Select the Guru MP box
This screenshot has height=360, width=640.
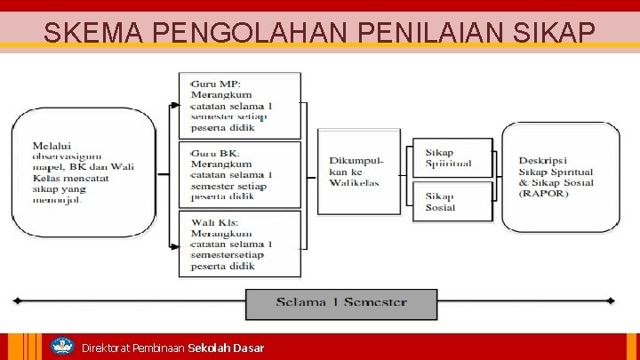(x=239, y=106)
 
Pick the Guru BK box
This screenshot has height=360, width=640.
(x=239, y=174)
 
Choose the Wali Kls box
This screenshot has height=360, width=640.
(x=239, y=244)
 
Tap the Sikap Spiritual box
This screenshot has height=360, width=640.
(x=452, y=158)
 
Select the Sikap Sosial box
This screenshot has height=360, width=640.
(x=452, y=202)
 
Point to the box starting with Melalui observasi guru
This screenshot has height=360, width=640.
(x=83, y=172)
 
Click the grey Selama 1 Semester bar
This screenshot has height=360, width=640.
(x=341, y=303)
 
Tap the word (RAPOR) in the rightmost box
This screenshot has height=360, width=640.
(x=543, y=194)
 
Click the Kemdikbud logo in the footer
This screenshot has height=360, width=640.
(x=61, y=347)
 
